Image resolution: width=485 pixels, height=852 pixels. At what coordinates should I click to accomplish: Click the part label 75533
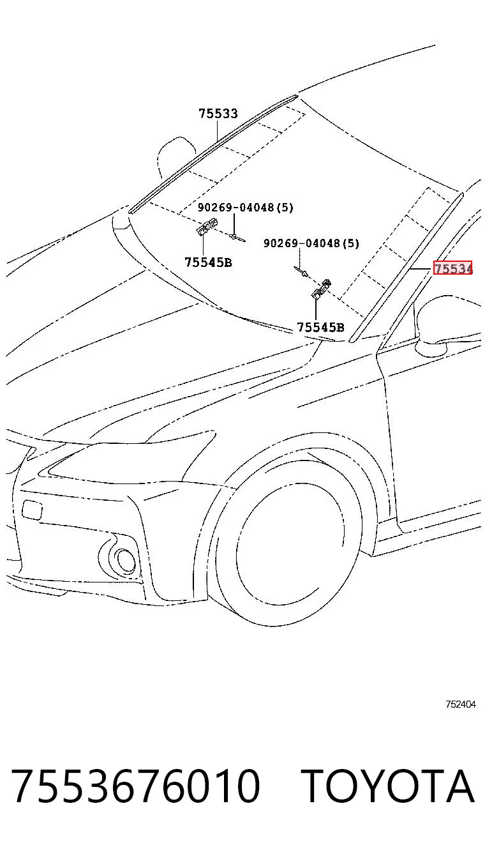(x=218, y=113)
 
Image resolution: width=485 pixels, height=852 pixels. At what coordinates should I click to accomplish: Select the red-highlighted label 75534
(x=452, y=268)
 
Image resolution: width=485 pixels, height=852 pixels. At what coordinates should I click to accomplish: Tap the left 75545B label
(x=208, y=262)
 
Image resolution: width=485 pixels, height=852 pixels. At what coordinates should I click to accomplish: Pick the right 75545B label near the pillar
(x=320, y=327)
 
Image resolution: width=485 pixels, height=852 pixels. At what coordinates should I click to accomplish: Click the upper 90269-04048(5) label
(x=245, y=208)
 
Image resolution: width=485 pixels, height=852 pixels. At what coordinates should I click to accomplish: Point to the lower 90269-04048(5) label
(x=311, y=243)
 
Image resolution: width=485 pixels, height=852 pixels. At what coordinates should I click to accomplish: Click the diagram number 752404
(x=461, y=704)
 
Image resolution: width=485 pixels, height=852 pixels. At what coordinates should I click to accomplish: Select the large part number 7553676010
(x=136, y=786)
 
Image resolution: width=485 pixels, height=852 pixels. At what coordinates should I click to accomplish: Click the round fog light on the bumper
(x=124, y=560)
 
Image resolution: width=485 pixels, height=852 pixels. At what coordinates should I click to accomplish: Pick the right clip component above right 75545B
(x=321, y=288)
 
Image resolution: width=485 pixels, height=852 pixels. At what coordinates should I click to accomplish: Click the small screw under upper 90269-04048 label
(x=237, y=238)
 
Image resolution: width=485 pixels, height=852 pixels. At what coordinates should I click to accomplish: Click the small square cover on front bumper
(x=33, y=509)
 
